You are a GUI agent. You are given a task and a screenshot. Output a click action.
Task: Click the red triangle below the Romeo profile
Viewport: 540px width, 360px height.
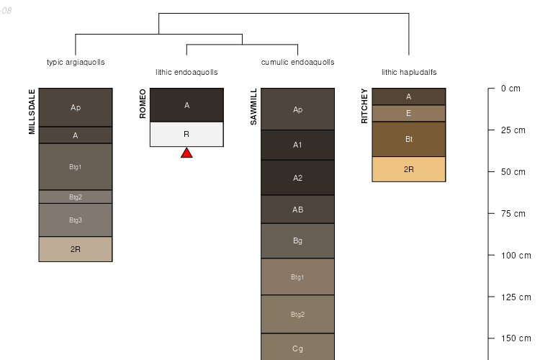186,153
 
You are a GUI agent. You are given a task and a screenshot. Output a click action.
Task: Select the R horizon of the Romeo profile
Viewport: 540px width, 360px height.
186,134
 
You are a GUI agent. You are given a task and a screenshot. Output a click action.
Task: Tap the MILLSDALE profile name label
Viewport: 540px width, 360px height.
32,112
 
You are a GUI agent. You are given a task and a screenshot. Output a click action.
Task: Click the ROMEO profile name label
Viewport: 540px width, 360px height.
143,104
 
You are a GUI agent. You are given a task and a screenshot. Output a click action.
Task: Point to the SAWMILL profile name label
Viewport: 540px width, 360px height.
253,107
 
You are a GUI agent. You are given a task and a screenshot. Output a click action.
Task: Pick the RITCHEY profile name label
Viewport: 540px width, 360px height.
364,106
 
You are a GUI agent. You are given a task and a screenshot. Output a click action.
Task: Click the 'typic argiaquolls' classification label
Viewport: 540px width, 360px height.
76,62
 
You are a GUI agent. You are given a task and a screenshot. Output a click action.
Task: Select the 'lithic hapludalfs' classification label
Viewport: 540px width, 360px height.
409,72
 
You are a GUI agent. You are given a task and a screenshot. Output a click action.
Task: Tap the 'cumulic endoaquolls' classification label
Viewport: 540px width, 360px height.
297,62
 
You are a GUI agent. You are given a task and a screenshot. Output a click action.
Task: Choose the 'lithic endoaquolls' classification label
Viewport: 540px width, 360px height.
186,72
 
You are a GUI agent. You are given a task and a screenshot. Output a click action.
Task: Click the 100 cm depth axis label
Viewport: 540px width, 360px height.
515,256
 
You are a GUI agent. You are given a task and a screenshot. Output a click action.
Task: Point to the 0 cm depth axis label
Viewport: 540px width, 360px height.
510,89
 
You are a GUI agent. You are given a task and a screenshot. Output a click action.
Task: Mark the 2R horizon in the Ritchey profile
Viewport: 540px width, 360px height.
409,169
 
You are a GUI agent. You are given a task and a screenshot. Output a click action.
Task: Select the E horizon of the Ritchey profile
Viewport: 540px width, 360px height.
409,113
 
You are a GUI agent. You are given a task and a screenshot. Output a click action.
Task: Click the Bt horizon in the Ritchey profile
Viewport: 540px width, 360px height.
409,139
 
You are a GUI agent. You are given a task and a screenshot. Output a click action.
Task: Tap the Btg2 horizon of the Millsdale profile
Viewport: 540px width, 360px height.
76,197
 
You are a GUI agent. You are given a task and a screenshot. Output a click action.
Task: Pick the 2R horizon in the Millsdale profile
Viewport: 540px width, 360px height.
76,249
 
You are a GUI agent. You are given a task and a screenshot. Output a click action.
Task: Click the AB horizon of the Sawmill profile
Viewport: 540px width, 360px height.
297,210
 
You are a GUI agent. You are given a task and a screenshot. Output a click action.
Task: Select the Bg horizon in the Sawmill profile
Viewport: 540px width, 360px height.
297,240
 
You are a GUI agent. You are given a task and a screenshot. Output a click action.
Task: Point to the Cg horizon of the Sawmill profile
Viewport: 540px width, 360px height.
297,348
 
